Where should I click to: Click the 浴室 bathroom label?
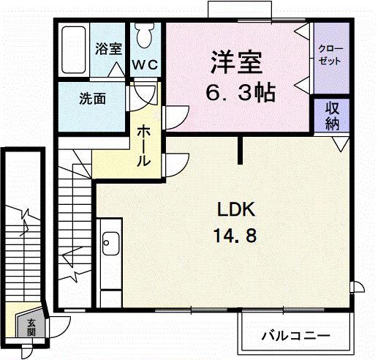[110, 50]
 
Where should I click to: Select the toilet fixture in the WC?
[145, 35]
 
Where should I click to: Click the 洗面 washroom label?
[94, 97]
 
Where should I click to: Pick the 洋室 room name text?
[237, 61]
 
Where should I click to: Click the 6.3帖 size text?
[237, 93]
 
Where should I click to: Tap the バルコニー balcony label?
[295, 336]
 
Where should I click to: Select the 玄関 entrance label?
[31, 326]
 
